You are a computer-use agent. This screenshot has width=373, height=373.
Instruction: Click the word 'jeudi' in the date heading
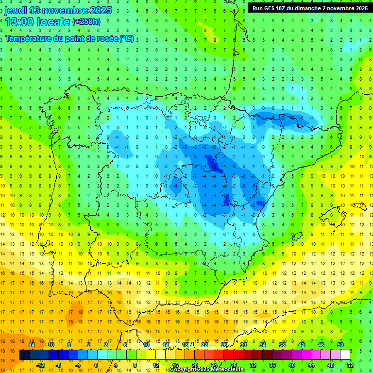16,10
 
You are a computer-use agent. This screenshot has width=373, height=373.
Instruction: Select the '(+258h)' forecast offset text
86,22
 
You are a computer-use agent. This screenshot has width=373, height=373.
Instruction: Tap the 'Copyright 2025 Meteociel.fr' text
207,370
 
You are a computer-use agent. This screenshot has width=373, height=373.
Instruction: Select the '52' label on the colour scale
350,365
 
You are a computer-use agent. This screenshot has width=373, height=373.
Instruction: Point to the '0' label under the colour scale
96,365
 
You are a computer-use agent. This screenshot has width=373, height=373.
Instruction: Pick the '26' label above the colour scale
224,345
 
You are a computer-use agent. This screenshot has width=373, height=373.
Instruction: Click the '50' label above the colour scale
340,345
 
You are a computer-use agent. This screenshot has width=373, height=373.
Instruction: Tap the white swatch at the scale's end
345,355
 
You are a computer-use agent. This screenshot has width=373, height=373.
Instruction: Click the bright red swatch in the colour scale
228,355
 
